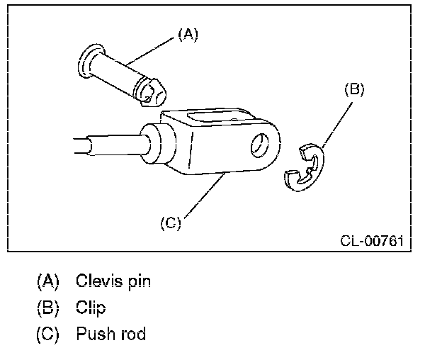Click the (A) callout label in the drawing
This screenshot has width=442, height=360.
187,34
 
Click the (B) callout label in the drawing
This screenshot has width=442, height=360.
354,89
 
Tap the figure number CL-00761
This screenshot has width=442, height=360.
371,240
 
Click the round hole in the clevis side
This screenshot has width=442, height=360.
261,145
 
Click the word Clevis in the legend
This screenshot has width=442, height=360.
97,281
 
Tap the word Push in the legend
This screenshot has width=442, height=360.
92,334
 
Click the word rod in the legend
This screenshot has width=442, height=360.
132,334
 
